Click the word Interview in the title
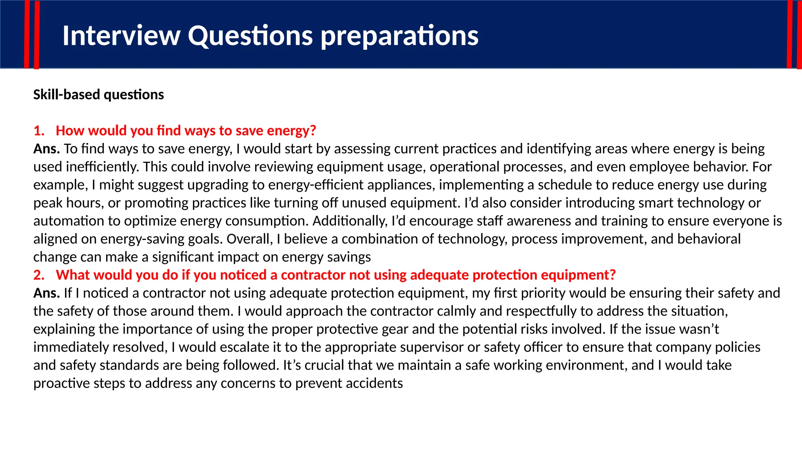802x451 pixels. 121,36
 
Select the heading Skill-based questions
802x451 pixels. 98,95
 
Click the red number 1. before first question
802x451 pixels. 39,131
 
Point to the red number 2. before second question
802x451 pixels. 39,275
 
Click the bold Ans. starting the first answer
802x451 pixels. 46,149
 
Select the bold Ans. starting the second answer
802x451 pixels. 46,293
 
